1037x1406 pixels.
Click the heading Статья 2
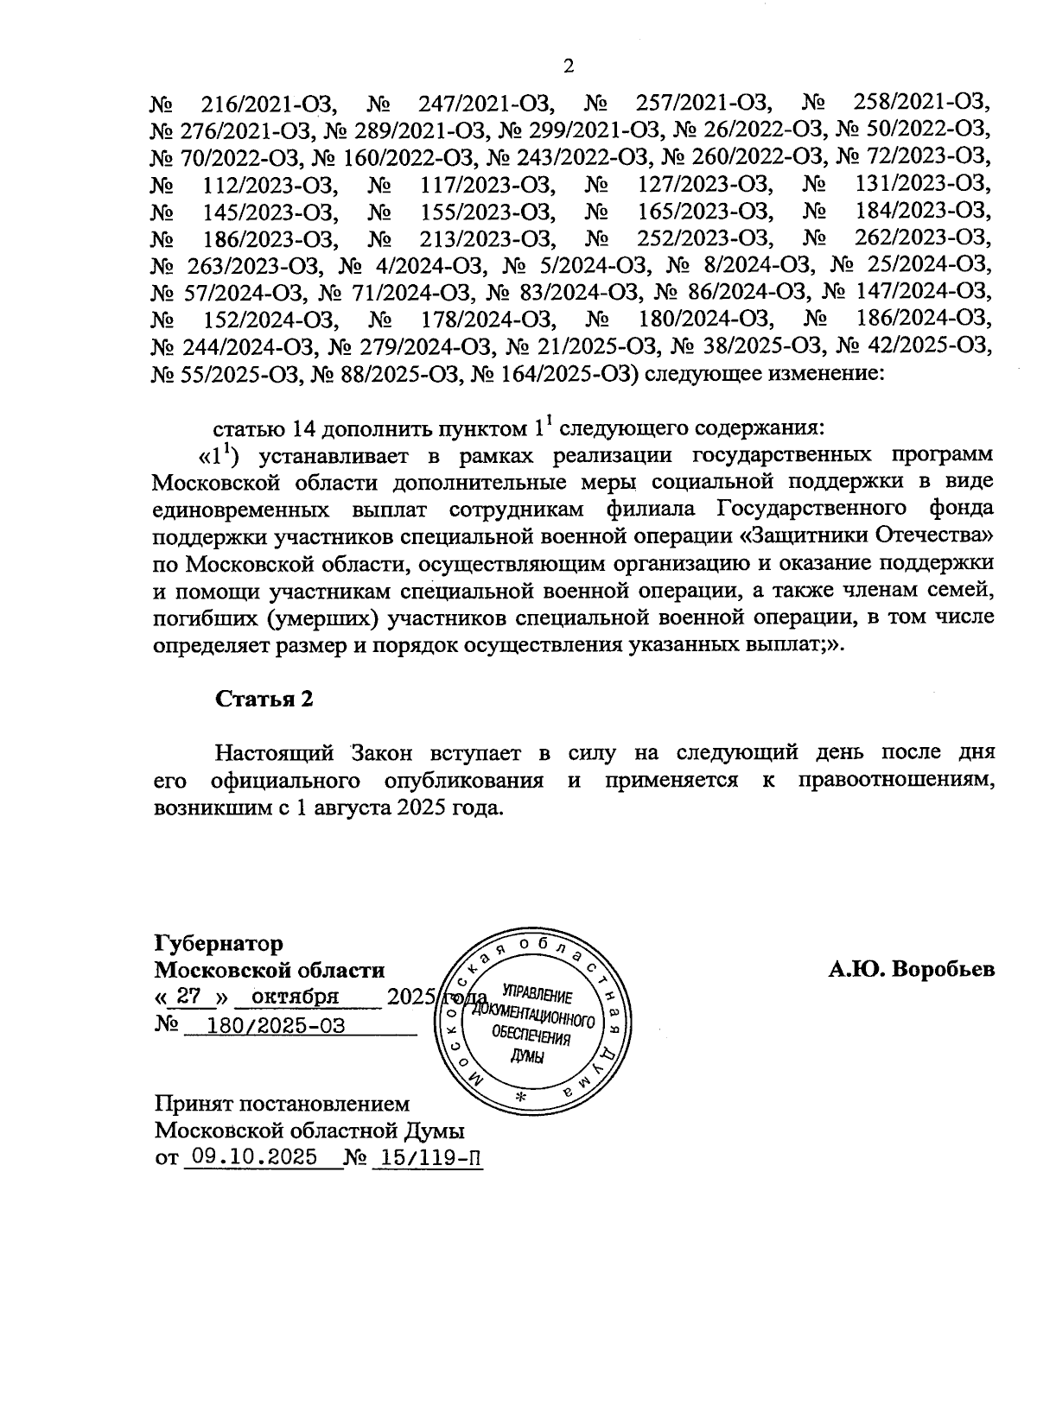pyautogui.click(x=264, y=699)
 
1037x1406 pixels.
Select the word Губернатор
pyautogui.click(x=219, y=942)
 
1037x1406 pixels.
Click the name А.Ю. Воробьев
pyautogui.click(x=912, y=970)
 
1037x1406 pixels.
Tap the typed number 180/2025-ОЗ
pyautogui.click(x=266, y=1025)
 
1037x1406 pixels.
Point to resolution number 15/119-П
pyautogui.click(x=426, y=1156)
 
